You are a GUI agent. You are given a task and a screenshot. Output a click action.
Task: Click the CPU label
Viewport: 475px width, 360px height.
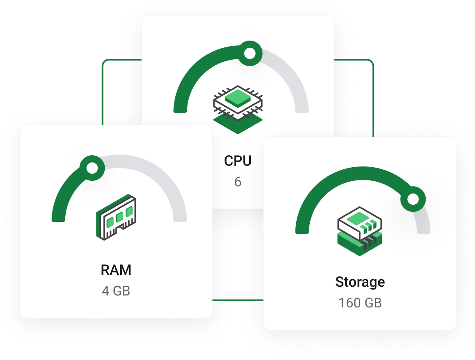coord(238,160)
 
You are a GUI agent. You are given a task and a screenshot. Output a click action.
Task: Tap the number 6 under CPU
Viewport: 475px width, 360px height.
coord(238,182)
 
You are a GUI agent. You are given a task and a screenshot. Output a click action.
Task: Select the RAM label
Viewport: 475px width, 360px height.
coord(116,270)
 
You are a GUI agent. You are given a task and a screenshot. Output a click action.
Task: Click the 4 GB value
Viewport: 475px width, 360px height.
coord(116,291)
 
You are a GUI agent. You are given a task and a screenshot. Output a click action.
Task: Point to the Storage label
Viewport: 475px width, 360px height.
coord(360,282)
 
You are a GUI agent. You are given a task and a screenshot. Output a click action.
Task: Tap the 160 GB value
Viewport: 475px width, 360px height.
coord(360,303)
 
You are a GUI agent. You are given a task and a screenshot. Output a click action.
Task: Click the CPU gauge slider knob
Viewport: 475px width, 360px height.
coord(250,53)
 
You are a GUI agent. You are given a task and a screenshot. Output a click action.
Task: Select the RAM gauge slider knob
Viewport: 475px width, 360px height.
coord(92,168)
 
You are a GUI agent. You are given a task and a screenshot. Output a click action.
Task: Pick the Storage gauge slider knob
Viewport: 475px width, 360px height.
coord(413,198)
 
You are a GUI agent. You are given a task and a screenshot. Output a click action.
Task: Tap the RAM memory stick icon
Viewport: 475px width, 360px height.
coord(116,217)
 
